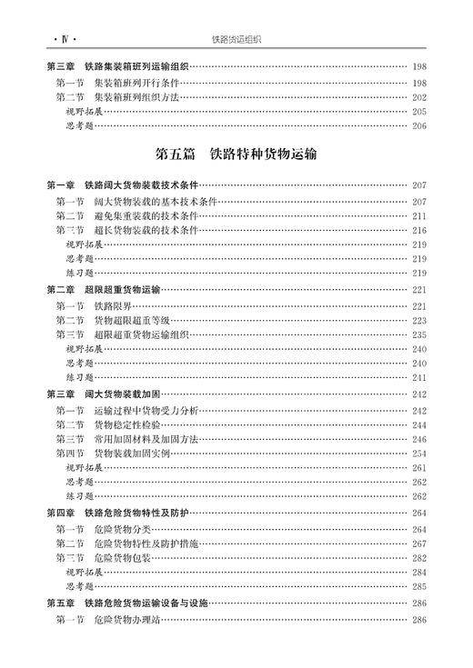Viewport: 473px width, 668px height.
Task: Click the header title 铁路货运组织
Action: tap(236, 39)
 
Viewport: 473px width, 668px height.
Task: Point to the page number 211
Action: tap(418, 215)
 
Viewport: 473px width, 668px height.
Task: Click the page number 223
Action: tap(418, 320)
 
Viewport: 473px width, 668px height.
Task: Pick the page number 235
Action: tap(418, 334)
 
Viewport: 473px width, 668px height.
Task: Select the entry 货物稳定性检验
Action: tap(126, 424)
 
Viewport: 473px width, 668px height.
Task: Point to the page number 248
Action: tap(418, 438)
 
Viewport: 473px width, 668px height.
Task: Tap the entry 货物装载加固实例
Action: tap(133, 453)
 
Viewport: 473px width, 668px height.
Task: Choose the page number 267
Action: tap(418, 543)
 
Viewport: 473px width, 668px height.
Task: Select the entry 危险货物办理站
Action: tap(126, 620)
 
